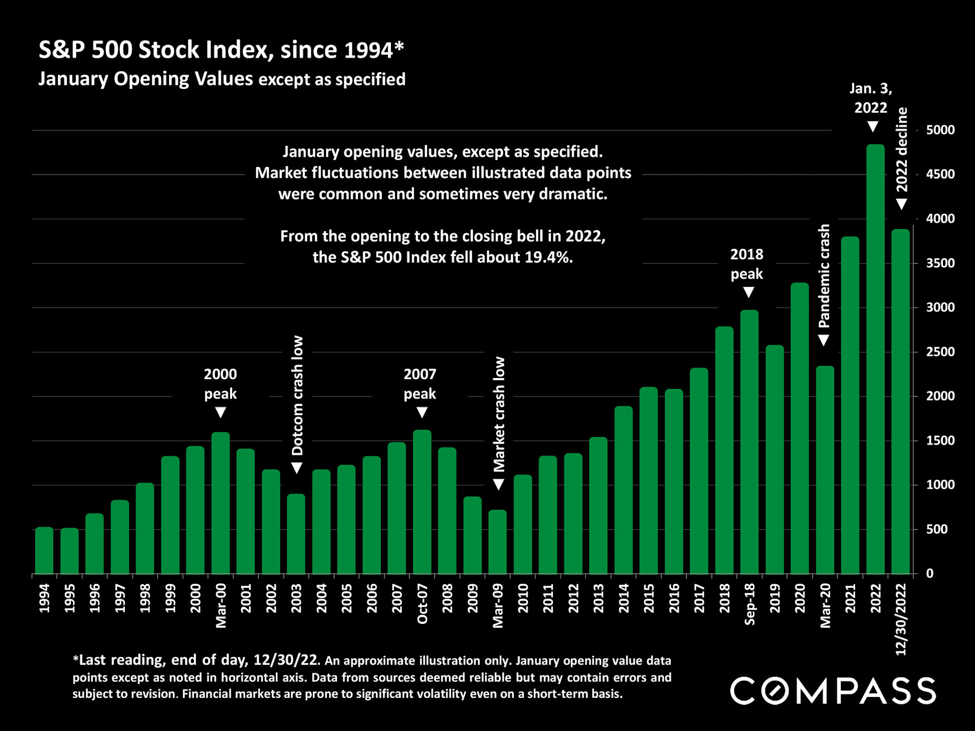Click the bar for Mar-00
click(x=220, y=503)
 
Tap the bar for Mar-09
click(x=498, y=542)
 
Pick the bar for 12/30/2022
click(x=901, y=402)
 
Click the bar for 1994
click(x=44, y=551)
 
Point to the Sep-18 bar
click(x=750, y=442)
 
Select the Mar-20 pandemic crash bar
click(x=825, y=470)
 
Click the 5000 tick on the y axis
click(x=940, y=130)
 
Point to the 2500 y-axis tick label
click(x=940, y=352)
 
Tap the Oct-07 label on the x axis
click(x=422, y=604)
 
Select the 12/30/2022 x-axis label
click(x=901, y=619)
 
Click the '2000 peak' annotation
click(x=220, y=384)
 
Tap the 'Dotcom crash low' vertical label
click(x=297, y=395)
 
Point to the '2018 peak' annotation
click(x=746, y=264)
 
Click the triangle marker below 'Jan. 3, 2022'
click(x=872, y=127)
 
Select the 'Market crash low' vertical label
click(x=499, y=414)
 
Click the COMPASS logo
click(x=833, y=691)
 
